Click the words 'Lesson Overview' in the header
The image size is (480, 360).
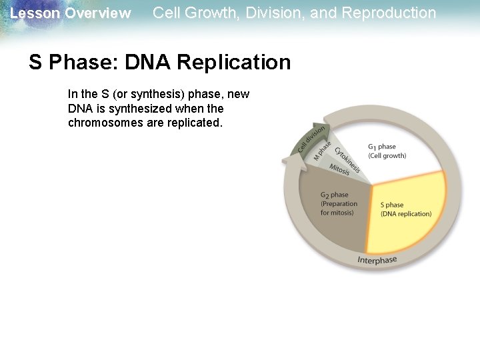point(71,13)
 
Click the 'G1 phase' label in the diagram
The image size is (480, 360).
point(382,147)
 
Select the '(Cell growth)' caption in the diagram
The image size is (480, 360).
point(387,156)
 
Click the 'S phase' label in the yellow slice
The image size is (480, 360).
point(392,205)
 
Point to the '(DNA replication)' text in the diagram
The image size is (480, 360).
point(406,214)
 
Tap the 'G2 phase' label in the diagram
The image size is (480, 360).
point(335,195)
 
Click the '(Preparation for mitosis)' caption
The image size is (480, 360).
point(338,208)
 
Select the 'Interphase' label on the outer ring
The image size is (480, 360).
point(377,260)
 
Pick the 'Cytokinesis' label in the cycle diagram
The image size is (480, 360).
point(347,159)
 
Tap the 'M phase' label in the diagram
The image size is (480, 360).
point(323,150)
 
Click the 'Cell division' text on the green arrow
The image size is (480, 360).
point(311,138)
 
